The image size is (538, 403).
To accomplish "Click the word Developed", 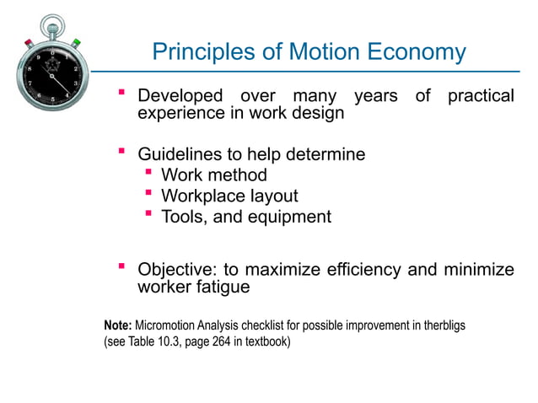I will [x=180, y=96].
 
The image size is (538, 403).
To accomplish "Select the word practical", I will [x=481, y=96].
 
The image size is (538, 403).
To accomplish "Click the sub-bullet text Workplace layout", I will [x=229, y=196].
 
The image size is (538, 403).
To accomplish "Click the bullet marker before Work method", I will [x=148, y=174].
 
